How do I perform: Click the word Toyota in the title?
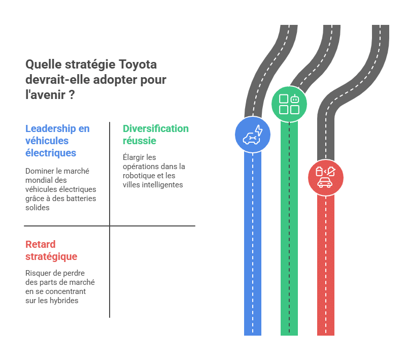coord(138,65)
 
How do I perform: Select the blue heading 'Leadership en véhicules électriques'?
coord(57,141)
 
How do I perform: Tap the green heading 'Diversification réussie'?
coord(156,135)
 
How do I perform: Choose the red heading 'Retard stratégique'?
coord(51,250)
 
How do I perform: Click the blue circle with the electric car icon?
coord(252,135)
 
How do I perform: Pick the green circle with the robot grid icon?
coord(289,104)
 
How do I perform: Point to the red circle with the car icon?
coord(325,178)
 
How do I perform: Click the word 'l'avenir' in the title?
coord(46,95)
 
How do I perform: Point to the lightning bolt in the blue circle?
coord(259,130)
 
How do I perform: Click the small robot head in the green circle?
coord(294,99)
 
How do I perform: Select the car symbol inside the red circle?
coord(325,182)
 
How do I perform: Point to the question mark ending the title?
coord(72,95)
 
